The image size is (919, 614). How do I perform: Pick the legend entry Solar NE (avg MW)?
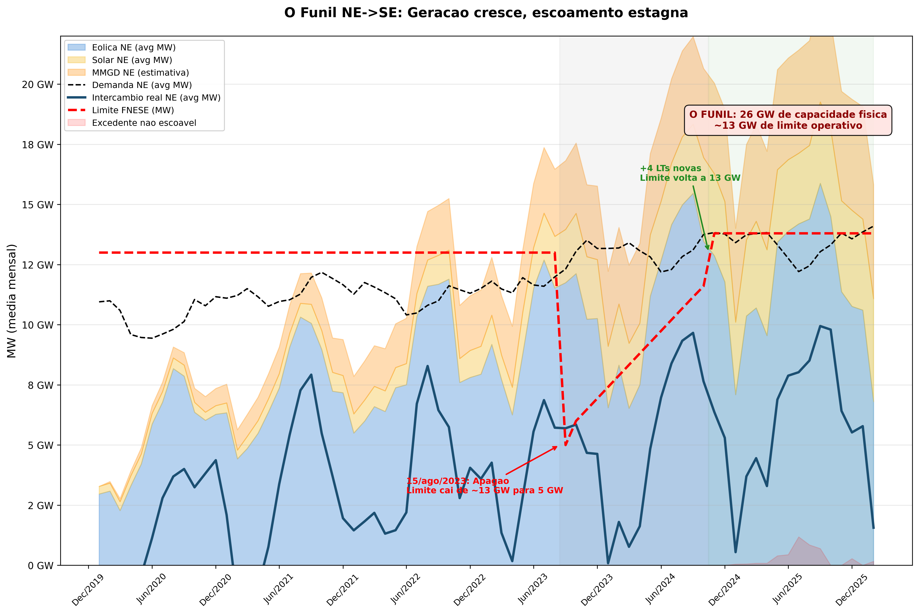coord(132,60)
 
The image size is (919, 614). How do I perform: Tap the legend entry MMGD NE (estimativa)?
coord(140,72)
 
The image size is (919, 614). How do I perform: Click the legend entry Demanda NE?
coord(142,85)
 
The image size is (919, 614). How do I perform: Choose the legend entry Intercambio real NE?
coord(156,98)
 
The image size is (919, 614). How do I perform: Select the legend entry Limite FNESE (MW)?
coord(133,110)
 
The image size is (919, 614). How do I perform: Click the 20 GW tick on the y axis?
coord(38,85)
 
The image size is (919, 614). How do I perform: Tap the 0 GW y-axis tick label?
coord(40,565)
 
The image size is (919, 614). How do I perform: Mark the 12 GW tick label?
coord(38,265)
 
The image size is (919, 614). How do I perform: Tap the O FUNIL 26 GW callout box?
coord(788,120)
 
